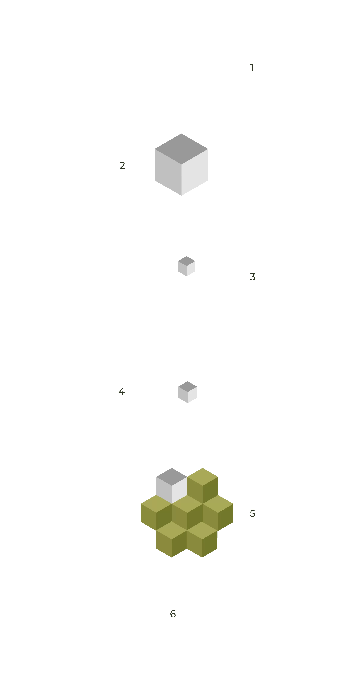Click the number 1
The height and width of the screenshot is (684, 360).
coord(252,67)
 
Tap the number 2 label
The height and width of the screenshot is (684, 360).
coord(122,165)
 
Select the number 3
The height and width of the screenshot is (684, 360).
coord(252,277)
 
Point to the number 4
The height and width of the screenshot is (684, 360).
coord(121,391)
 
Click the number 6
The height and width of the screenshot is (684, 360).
coord(173,614)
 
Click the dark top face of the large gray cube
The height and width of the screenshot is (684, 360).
coord(181,149)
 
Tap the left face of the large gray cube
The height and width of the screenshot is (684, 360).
coord(168,172)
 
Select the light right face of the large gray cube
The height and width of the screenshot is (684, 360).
coord(195,172)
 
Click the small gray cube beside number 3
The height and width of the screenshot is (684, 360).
coord(187,266)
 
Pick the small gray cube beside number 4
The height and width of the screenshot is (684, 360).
coord(188,392)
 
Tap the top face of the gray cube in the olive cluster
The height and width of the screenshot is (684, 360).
coord(172,477)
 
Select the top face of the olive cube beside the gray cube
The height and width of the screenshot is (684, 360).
coord(203,477)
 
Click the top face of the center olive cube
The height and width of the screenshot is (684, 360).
coord(187,504)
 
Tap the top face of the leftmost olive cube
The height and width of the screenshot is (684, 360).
coord(156,504)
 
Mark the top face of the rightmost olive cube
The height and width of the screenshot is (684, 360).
coord(218,504)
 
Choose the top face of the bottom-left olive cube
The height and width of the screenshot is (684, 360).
coord(172,530)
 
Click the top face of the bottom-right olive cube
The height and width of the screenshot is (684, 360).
coord(202,530)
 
